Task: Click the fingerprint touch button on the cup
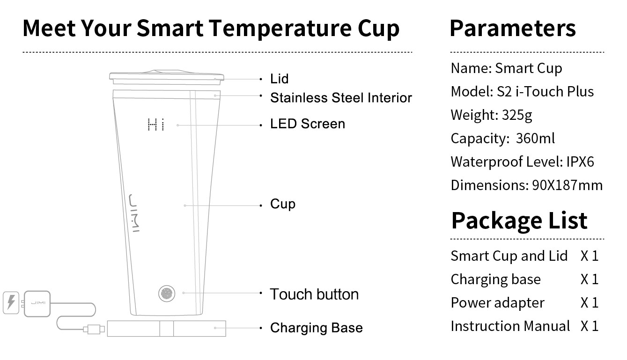coord(167,294)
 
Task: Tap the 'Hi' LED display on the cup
coord(156,125)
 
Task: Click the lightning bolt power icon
coord(11,302)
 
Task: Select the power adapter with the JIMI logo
coord(37,304)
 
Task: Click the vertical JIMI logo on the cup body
coord(134,213)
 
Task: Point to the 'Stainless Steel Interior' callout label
coord(341,98)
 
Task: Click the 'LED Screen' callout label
coord(307,124)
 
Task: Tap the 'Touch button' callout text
coord(314,294)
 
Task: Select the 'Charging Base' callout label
coord(316,328)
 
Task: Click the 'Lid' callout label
coord(279,79)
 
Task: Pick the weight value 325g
coord(517,115)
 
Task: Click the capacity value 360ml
coord(535,138)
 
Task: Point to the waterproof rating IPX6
coord(580,162)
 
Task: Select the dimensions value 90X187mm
coord(567,185)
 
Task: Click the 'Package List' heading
coord(519,221)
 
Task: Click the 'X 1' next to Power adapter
coord(590,302)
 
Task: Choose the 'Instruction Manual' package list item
coord(510,326)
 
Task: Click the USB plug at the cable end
coord(94,329)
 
